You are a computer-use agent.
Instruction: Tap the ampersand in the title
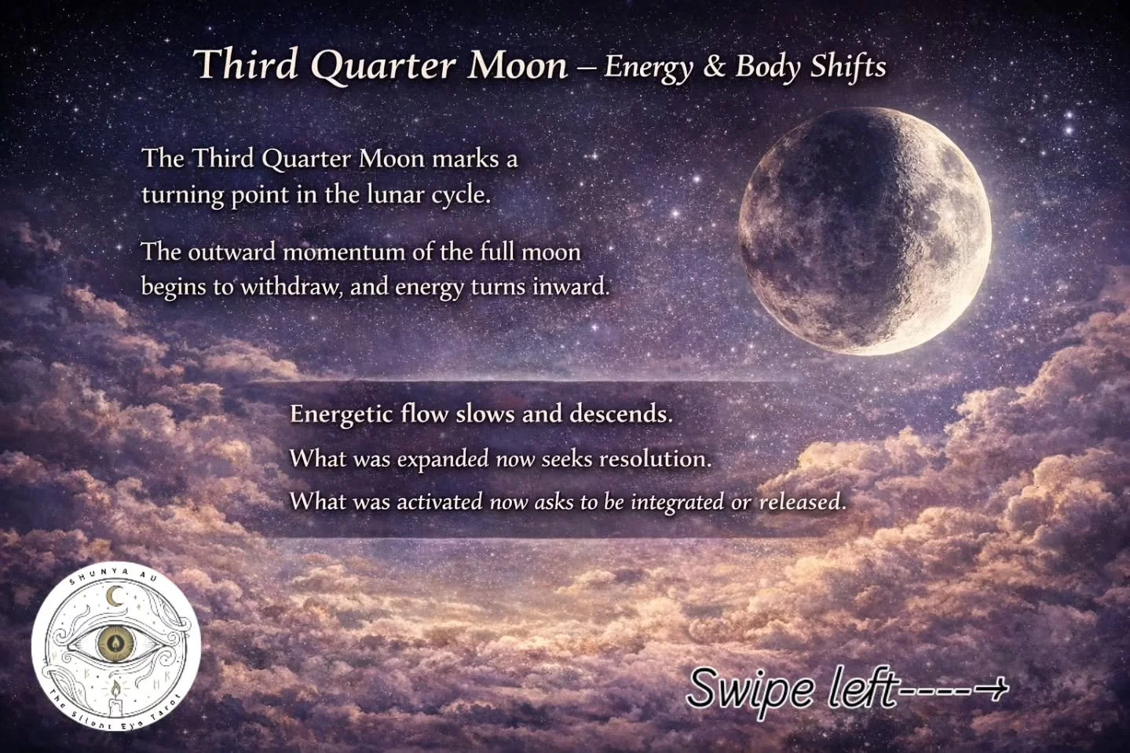tap(714, 66)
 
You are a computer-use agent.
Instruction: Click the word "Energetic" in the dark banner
tap(342, 414)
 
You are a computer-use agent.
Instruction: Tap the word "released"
tap(802, 502)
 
